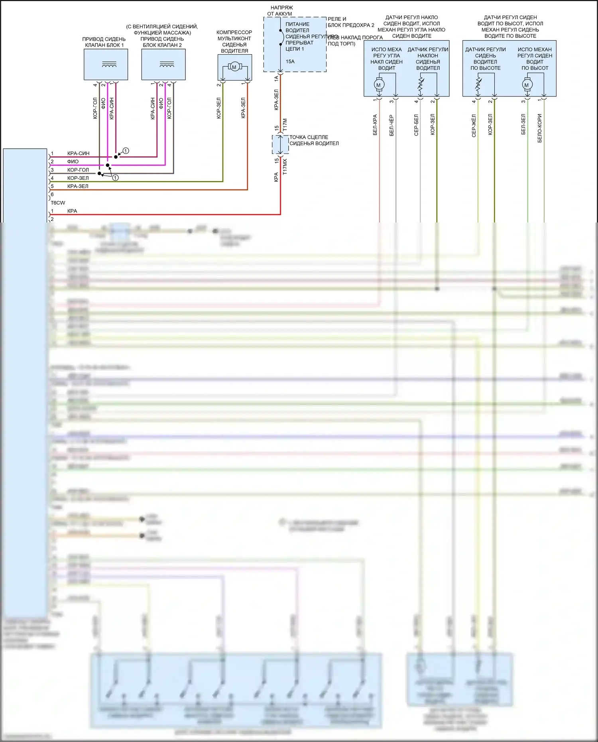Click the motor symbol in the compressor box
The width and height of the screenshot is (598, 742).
(x=234, y=67)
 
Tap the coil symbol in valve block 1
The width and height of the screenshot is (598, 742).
(x=109, y=64)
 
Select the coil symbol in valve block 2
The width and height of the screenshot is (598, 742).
(x=167, y=64)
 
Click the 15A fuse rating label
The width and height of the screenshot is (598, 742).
(x=290, y=61)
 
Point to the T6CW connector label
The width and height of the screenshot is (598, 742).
(x=58, y=203)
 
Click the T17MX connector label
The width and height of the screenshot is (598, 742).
(x=285, y=167)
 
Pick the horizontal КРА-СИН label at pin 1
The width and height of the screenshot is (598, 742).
(x=78, y=154)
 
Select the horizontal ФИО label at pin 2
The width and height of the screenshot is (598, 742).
(x=73, y=161)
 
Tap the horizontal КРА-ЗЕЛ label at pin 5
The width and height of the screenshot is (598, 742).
(x=78, y=186)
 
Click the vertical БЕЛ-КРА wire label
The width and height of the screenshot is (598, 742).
(x=375, y=125)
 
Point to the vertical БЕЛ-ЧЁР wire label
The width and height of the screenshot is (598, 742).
(x=391, y=126)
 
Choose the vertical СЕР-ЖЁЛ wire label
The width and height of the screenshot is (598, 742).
(x=474, y=126)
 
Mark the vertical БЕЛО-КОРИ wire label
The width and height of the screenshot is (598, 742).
(x=540, y=128)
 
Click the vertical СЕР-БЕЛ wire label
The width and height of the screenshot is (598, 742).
(x=416, y=125)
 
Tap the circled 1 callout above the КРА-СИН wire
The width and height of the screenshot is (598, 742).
(x=126, y=151)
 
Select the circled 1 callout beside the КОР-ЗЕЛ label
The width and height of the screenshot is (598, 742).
(x=115, y=178)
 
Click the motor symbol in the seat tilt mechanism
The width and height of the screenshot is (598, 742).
(x=378, y=85)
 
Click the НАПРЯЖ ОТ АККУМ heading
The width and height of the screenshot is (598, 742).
(x=281, y=11)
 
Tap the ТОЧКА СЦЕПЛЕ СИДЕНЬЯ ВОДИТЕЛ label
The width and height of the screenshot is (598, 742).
(x=314, y=140)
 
